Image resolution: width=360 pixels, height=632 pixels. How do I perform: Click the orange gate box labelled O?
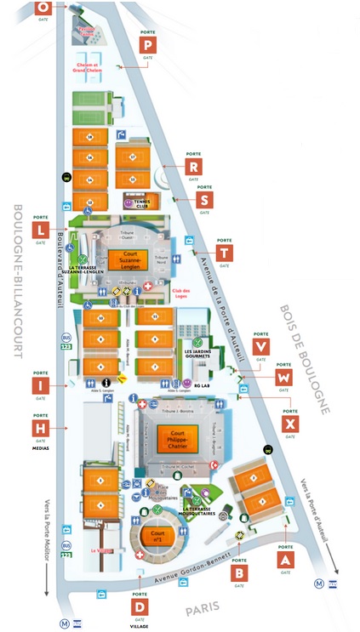tap(42, 7)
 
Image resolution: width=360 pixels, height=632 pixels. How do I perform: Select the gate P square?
tap(148, 46)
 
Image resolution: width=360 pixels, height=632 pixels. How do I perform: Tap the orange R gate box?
tap(194, 167)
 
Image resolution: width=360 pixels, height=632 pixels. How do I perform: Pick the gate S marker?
tap(204, 200)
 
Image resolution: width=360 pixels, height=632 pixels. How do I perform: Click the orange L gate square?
tap(40, 230)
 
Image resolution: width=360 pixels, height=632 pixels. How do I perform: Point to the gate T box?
tap(224, 253)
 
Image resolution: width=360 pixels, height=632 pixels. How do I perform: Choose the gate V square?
tap(261, 347)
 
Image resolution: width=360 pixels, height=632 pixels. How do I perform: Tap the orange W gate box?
tap(284, 377)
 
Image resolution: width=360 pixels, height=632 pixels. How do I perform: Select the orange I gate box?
tap(40, 386)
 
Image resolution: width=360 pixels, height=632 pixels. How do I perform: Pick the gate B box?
tap(240, 573)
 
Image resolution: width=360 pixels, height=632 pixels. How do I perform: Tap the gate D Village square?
tap(139, 606)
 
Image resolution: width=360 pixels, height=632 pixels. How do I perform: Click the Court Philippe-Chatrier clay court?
tap(178, 439)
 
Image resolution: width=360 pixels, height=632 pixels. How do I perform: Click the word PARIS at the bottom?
tap(203, 606)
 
